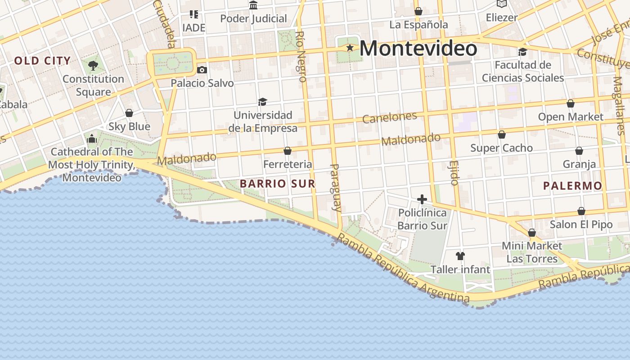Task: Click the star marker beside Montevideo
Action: (350, 47)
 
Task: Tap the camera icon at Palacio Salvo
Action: (202, 70)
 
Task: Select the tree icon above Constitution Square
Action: (93, 66)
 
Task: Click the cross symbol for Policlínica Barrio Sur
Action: (422, 199)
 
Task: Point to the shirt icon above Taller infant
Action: (460, 256)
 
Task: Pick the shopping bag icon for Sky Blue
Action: (129, 112)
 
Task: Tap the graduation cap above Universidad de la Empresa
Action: (262, 102)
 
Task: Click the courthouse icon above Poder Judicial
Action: (253, 5)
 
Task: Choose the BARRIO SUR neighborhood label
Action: (277, 184)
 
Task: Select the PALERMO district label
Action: (572, 186)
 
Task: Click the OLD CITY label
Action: (42, 61)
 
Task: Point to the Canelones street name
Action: (390, 117)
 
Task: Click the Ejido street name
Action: (454, 173)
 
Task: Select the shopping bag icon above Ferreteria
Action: (288, 151)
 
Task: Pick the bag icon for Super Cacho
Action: (502, 135)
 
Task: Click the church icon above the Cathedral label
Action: (92, 139)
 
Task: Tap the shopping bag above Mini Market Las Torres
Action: (532, 233)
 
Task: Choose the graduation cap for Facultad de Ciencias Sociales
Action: (522, 52)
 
